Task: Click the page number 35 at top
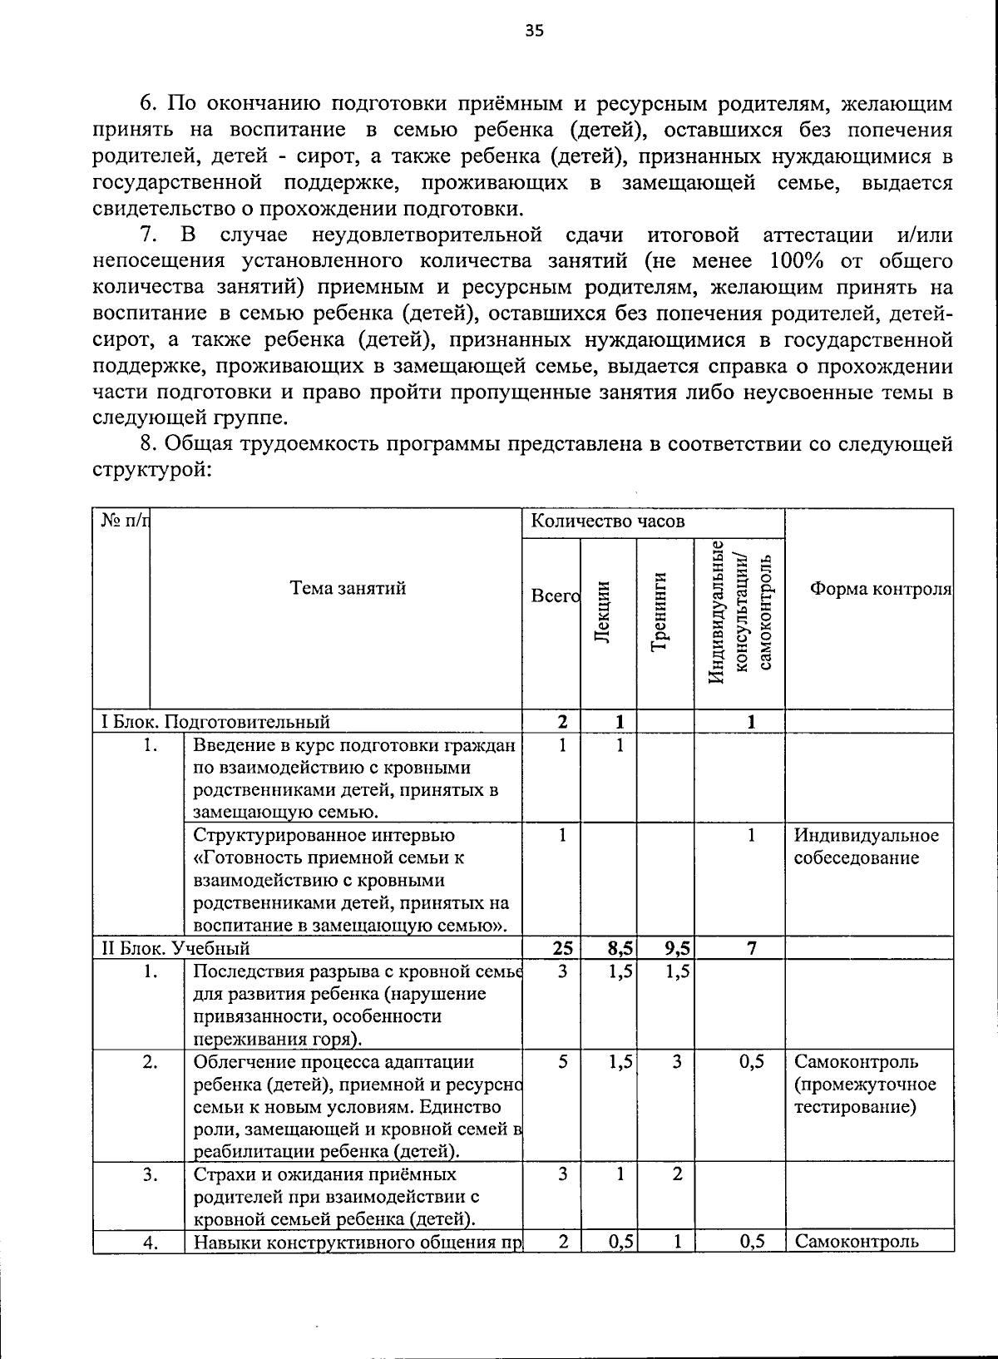point(534,31)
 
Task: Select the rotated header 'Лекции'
point(605,610)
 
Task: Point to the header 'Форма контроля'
point(880,589)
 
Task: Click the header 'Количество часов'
point(608,521)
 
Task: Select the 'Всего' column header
point(554,596)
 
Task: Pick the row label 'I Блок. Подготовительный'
point(215,721)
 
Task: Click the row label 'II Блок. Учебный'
point(175,948)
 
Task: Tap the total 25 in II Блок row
point(562,948)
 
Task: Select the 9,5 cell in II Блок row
point(677,948)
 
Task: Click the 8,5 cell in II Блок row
point(620,948)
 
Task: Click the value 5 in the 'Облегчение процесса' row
point(563,1062)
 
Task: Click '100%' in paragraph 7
point(797,260)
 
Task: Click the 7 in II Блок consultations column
point(751,948)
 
